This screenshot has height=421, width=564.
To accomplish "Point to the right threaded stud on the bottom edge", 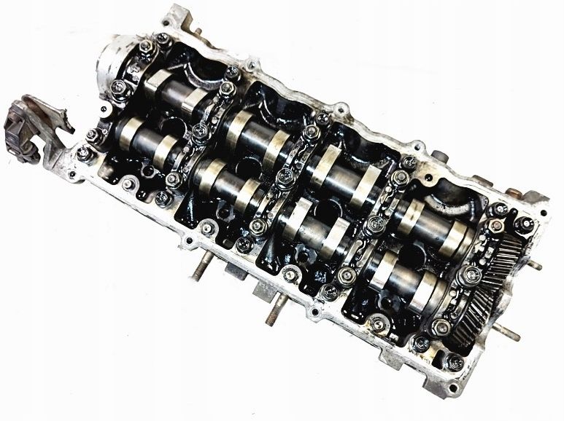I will pos(271,312).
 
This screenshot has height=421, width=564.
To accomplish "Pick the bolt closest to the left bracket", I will pos(85,152).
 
